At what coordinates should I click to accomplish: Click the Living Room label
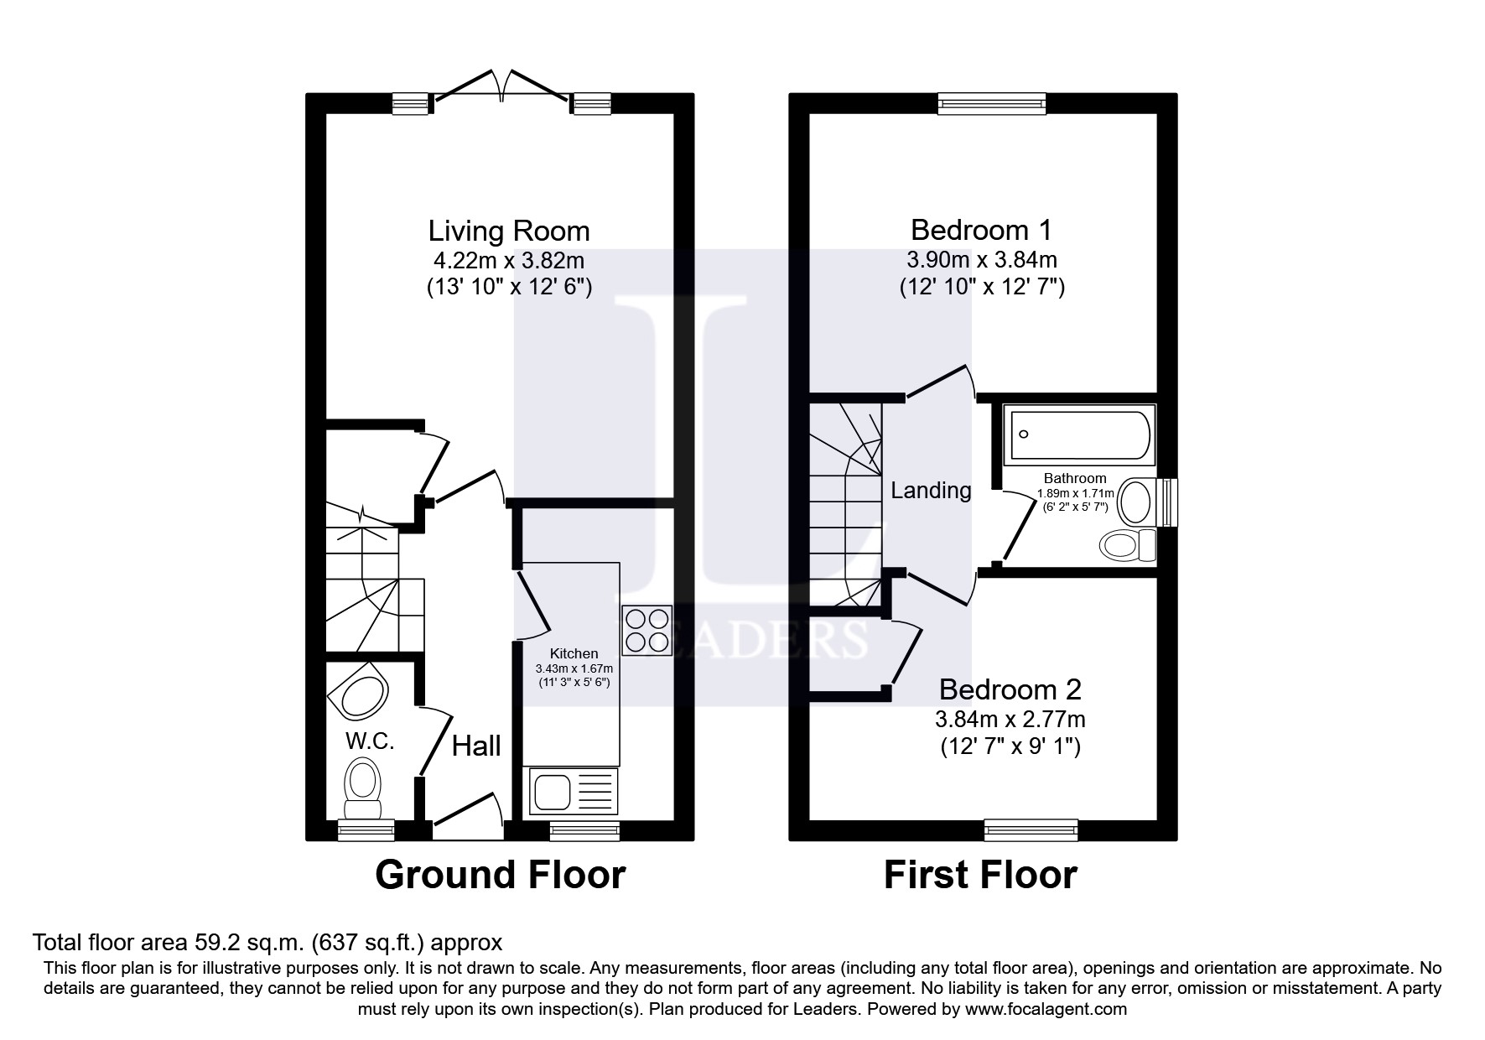[x=509, y=231]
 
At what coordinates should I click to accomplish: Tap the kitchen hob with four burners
[x=647, y=631]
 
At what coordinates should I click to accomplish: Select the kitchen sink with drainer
[x=570, y=791]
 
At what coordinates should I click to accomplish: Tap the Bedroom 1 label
[x=981, y=230]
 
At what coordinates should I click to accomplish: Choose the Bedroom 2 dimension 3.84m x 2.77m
[x=1010, y=719]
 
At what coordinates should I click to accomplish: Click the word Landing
[x=931, y=491]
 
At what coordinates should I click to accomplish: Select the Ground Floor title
[x=501, y=875]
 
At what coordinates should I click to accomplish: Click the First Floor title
[x=980, y=875]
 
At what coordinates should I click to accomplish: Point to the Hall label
[x=476, y=746]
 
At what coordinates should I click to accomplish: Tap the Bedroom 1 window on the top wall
[x=993, y=102]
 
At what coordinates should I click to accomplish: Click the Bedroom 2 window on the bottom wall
[x=1031, y=829]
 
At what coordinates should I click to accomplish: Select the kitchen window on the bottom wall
[x=584, y=829]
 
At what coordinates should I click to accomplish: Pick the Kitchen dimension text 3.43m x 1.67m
[x=574, y=668]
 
